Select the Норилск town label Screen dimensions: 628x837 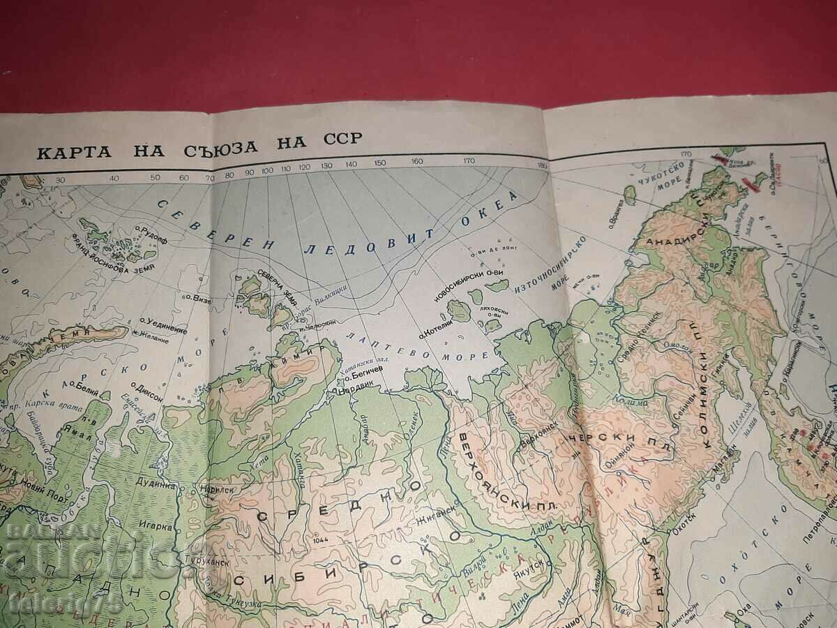217,490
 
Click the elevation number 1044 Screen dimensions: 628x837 321,540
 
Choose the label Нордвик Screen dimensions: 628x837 354,391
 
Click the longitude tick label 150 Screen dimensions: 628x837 379,163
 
